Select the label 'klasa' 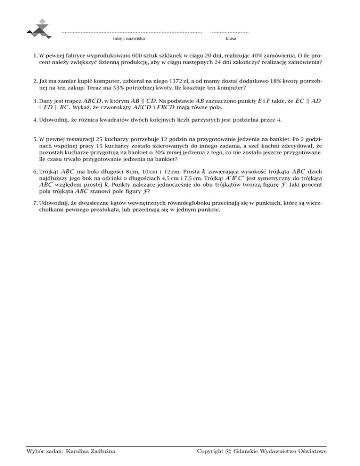tap(231, 38)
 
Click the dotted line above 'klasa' tap(230, 32)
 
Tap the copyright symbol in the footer tap(228, 451)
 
